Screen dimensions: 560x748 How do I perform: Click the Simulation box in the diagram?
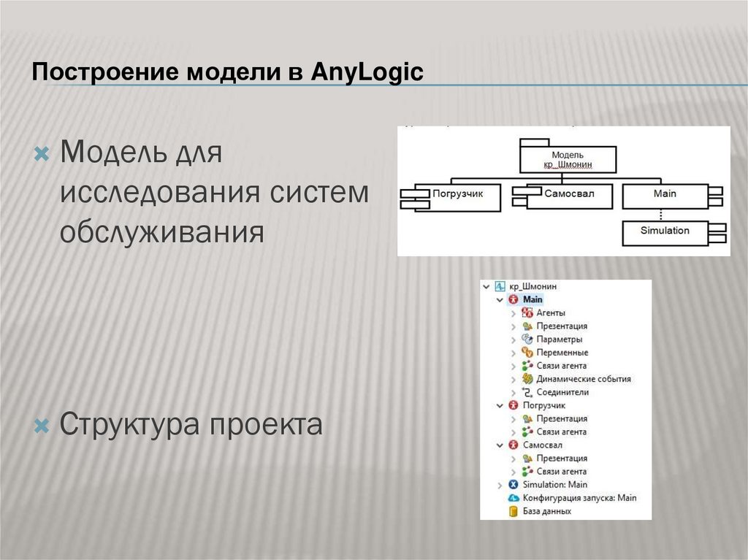665,231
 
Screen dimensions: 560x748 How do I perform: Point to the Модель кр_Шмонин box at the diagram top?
568,160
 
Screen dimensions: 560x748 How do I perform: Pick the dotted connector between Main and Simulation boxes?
660,215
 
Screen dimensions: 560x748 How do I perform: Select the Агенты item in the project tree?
550,313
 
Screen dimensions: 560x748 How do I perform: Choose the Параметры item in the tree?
559,340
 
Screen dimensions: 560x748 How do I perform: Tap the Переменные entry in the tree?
562,353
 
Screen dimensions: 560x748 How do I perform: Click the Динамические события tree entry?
583,379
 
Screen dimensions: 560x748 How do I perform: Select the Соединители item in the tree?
562,392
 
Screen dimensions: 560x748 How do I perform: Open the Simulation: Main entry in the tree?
554,484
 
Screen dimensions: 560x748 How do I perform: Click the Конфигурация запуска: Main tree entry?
579,498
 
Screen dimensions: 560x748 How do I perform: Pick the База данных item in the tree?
546,511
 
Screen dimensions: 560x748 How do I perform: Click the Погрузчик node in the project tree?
543,405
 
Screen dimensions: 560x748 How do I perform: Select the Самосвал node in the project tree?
542,445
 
